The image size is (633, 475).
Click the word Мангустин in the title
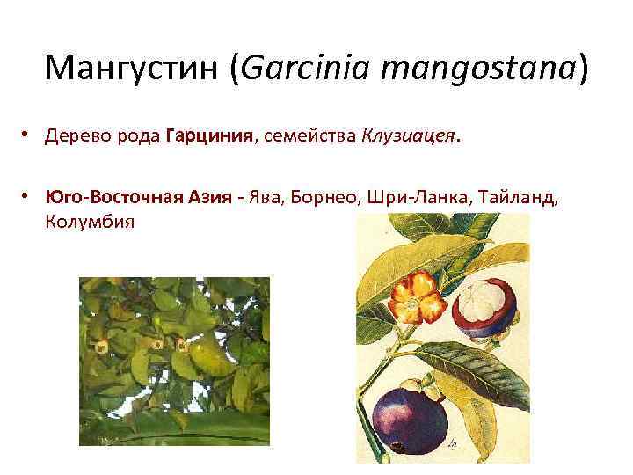pyautogui.click(x=131, y=69)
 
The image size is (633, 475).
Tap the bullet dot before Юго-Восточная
pyautogui.click(x=29, y=198)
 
